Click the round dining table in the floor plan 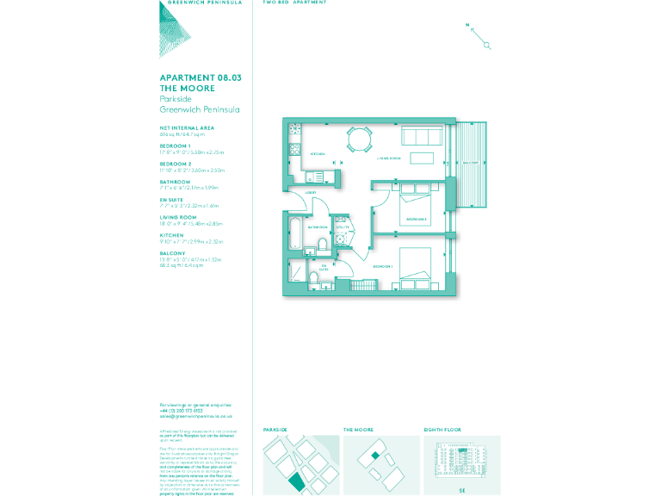coord(358,138)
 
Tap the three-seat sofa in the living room coord(422,136)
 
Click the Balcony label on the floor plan coord(471,161)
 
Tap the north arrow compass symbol coord(479,36)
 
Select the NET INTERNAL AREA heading coord(186,127)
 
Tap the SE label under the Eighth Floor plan coord(462,490)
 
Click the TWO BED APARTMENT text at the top coord(294,3)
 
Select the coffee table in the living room coord(422,158)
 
